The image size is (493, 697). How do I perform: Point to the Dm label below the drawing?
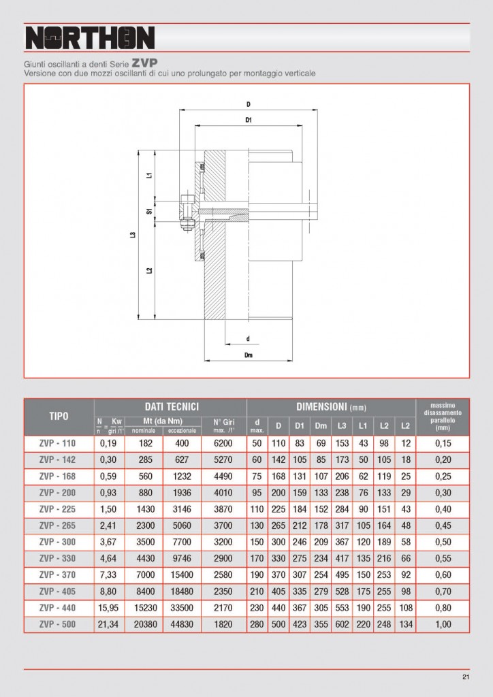pyautogui.click(x=249, y=355)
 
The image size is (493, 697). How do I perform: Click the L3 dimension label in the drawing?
pyautogui.click(x=133, y=236)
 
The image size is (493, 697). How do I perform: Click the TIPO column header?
pyautogui.click(x=59, y=416)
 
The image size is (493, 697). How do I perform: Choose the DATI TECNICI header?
pyautogui.click(x=170, y=406)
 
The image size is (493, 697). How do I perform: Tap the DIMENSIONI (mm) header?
pyautogui.click(x=331, y=406)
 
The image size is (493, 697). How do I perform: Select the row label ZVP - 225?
pyautogui.click(x=59, y=508)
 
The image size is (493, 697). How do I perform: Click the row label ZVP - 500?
pyautogui.click(x=59, y=623)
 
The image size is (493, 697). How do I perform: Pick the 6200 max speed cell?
pyautogui.click(x=223, y=442)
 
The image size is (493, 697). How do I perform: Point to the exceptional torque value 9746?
pyautogui.click(x=182, y=557)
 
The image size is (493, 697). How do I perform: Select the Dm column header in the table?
pyautogui.click(x=321, y=426)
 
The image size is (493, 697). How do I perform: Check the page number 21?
pyautogui.click(x=466, y=677)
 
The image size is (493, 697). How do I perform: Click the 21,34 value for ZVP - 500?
pyautogui.click(x=109, y=623)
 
